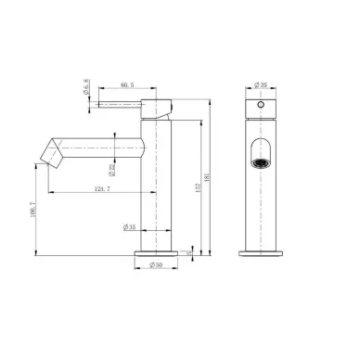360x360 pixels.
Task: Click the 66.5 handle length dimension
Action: (116, 83)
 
